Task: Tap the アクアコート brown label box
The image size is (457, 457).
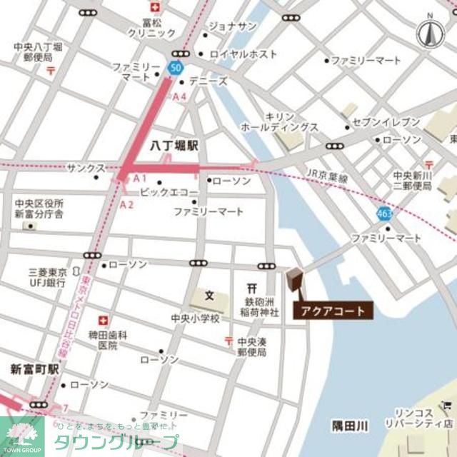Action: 332,311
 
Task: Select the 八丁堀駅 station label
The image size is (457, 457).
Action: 174,146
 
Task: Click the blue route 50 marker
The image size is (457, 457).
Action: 175,67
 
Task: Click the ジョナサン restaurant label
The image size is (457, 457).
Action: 233,26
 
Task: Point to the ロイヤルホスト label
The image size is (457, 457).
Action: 242,54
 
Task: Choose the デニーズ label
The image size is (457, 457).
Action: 209,81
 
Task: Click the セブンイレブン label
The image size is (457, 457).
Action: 388,122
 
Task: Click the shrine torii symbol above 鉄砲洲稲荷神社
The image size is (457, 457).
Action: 251,287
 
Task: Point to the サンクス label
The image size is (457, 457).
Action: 86,168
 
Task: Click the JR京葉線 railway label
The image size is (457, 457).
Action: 327,176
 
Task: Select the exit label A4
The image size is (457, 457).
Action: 179,96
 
